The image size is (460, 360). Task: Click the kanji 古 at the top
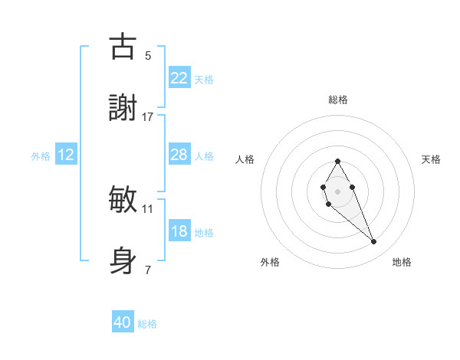point(123,47)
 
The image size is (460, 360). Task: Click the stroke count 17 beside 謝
point(148,117)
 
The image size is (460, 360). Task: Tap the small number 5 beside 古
point(148,55)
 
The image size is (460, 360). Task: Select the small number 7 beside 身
point(148,270)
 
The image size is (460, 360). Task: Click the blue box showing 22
point(179,77)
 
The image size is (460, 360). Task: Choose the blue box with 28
point(179,155)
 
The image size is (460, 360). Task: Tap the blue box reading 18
point(179,231)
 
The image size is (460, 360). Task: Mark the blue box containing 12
point(65,155)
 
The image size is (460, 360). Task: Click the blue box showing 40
point(123,322)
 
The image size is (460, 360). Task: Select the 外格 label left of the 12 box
point(41,156)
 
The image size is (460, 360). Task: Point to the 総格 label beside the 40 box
point(147,324)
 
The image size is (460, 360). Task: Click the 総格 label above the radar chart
point(337,100)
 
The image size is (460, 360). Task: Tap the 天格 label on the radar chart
point(431,159)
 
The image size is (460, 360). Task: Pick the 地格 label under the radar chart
point(402,262)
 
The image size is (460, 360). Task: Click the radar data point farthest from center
point(374,242)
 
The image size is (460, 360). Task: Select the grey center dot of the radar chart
point(337,190)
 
